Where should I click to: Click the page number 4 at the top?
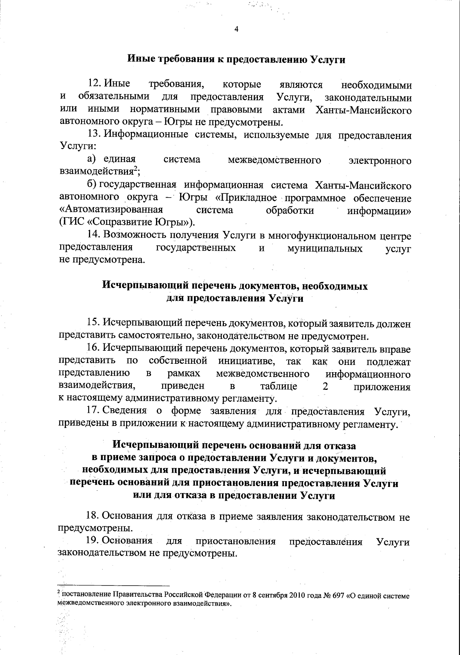pyautogui.click(x=236, y=29)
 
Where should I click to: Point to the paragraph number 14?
pyautogui.click(x=94, y=235)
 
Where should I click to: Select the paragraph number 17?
pyautogui.click(x=94, y=411)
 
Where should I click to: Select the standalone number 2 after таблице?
pyautogui.click(x=325, y=386)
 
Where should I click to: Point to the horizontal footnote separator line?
pyautogui.click(x=113, y=586)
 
